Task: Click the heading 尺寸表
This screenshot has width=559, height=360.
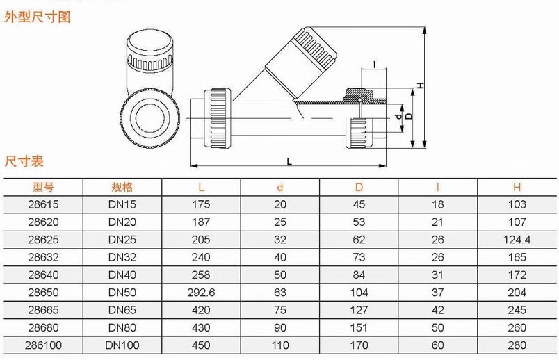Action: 24,161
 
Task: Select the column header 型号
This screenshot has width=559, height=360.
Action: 43,187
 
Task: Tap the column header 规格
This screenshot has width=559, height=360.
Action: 122,187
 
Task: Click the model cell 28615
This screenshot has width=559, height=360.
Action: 43,205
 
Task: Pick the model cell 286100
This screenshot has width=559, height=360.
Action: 43,344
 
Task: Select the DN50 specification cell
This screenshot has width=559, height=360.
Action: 122,292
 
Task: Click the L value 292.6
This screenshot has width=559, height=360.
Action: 202,292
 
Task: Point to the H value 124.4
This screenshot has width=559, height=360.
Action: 517,240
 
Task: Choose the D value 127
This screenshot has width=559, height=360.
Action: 359,309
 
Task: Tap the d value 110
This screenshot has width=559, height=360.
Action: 280,344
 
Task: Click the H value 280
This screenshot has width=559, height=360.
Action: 517,344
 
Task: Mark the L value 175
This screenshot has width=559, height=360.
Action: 202,205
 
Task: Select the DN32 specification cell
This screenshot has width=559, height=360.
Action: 122,257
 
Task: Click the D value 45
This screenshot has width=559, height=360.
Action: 359,205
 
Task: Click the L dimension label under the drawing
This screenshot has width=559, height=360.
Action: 289,161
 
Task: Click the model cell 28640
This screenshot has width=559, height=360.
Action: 43,275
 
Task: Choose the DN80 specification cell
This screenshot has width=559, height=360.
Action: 122,327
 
